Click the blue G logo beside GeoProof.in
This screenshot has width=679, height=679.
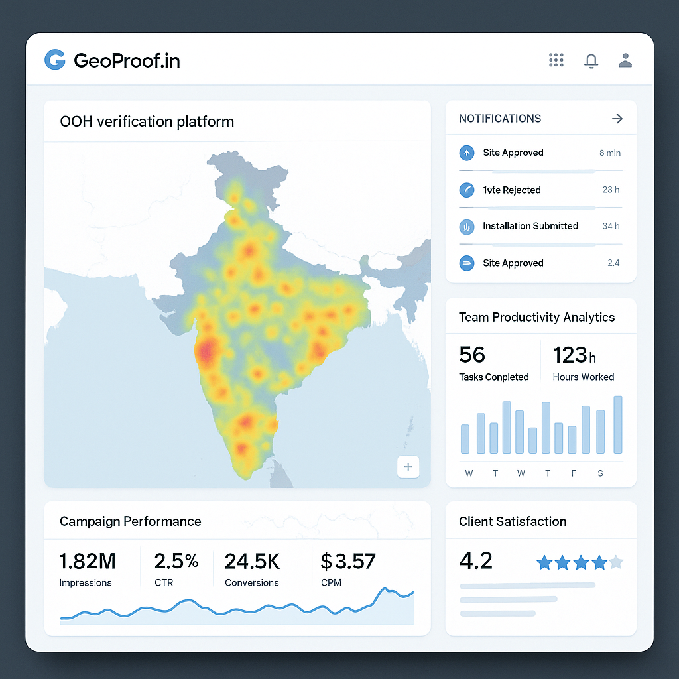tap(54, 60)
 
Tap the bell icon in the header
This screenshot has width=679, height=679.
tap(591, 61)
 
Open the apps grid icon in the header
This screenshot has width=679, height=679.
tap(556, 60)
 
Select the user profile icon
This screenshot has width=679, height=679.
tap(625, 61)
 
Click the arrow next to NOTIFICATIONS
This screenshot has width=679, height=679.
tap(617, 119)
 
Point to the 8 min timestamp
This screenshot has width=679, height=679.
tap(609, 153)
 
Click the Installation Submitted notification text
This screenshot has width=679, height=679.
tap(530, 226)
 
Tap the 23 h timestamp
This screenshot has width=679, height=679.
tap(611, 190)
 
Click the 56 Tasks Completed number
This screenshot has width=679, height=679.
tap(472, 355)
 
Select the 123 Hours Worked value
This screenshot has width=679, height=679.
tap(574, 356)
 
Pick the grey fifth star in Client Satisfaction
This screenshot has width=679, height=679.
tap(616, 563)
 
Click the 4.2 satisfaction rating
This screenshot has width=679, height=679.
tap(475, 561)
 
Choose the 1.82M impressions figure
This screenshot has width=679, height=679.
tap(88, 562)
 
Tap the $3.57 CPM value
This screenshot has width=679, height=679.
tap(348, 562)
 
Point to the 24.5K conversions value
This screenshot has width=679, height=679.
tap(252, 562)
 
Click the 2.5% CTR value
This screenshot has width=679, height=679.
tap(176, 562)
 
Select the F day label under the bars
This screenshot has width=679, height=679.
tap(574, 473)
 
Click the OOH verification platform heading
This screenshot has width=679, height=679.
tap(147, 122)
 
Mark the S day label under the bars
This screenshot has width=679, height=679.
tap(600, 473)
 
